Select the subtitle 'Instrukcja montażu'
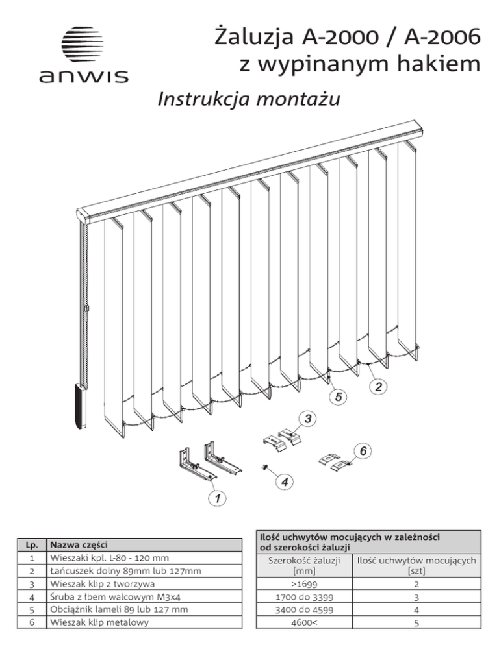point(248,99)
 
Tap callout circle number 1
point(217,498)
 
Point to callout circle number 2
point(378,386)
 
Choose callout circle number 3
point(308,419)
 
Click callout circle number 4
point(285,481)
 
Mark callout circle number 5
point(339,397)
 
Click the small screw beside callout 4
point(263,467)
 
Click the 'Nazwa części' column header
point(79,545)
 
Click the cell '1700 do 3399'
point(304,597)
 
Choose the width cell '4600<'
point(304,623)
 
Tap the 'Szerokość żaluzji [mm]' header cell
point(304,565)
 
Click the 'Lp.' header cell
point(32,545)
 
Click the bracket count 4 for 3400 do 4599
point(416,610)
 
